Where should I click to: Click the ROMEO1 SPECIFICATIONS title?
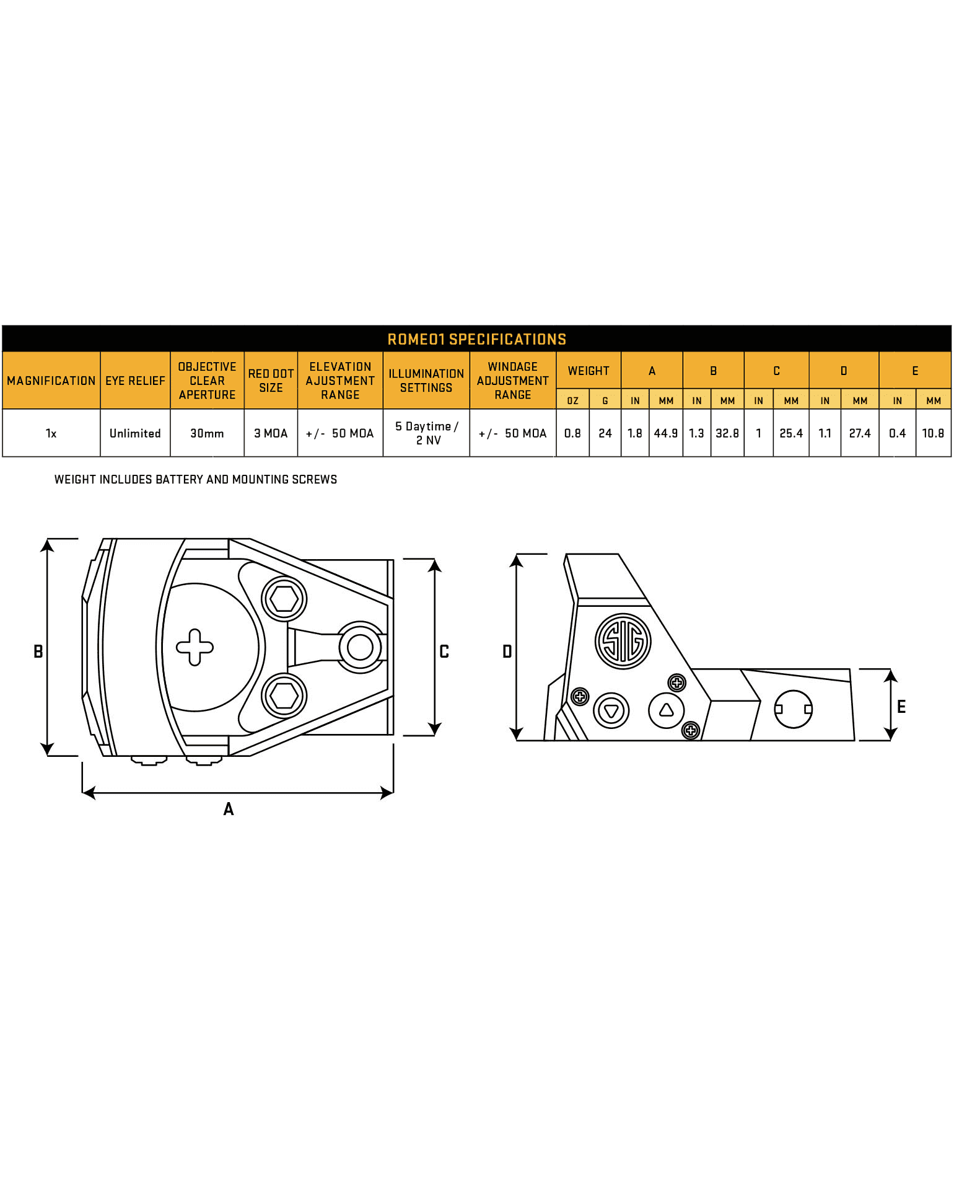[x=476, y=339]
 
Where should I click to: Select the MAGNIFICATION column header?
[x=51, y=381]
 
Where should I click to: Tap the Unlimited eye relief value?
[x=135, y=433]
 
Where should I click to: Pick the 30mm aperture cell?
[x=207, y=433]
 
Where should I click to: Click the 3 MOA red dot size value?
[x=271, y=433]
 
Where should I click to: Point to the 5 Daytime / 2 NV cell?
[x=427, y=433]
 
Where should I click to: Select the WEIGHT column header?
[x=589, y=371]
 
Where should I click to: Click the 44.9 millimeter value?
[x=666, y=433]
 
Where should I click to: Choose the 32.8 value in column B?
[x=727, y=433]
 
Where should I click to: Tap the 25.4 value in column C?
[x=791, y=433]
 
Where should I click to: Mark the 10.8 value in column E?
[x=933, y=433]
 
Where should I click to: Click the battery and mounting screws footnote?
[x=196, y=479]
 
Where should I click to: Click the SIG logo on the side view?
[x=623, y=641]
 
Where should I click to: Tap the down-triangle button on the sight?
[x=611, y=710]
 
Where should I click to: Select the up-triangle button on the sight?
[x=667, y=710]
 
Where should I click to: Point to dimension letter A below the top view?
[x=229, y=809]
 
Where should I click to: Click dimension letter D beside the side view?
[x=507, y=651]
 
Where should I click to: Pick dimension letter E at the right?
[x=901, y=707]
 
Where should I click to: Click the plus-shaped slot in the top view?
[x=195, y=647]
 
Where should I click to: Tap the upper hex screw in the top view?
[x=284, y=599]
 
